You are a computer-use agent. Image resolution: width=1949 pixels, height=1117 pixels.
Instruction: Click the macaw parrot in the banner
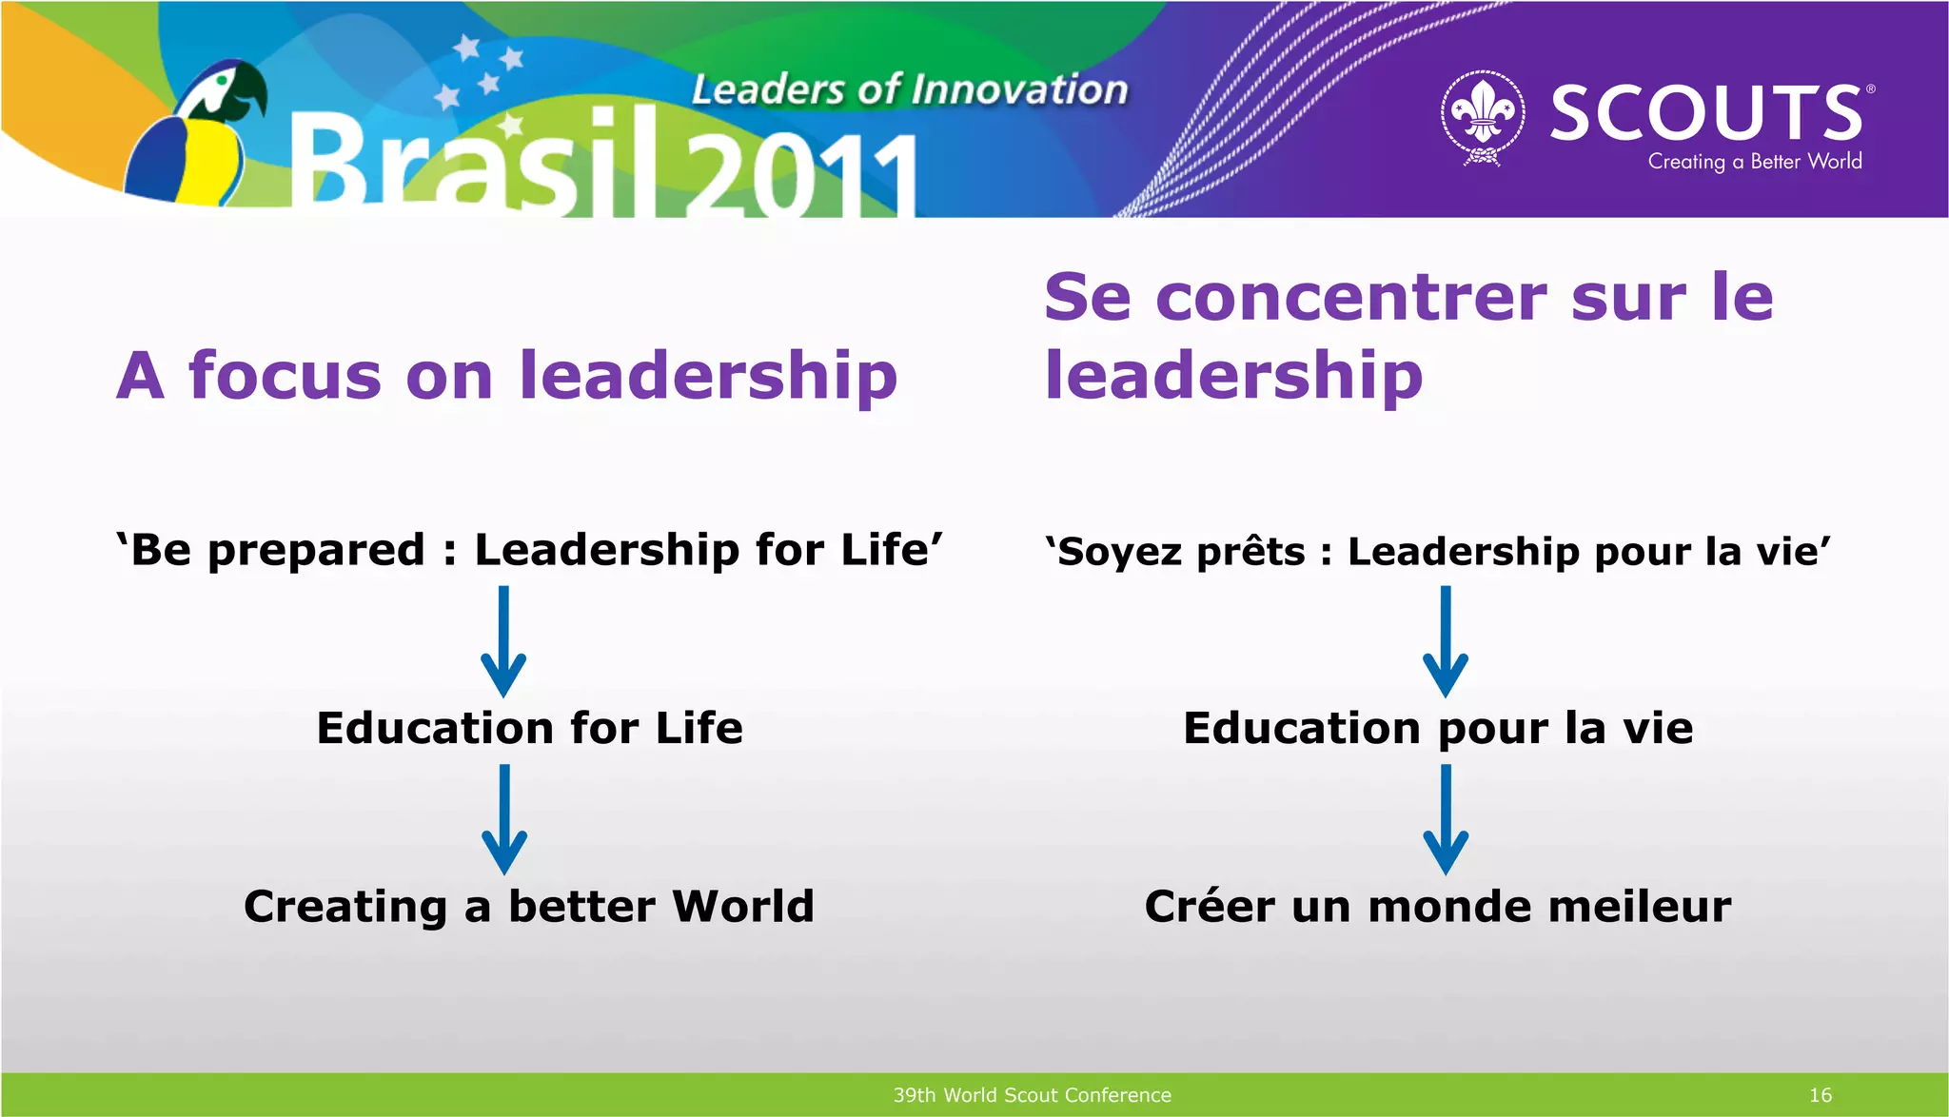[x=195, y=133]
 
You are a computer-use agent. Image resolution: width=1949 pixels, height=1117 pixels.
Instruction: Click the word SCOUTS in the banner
[x=1706, y=112]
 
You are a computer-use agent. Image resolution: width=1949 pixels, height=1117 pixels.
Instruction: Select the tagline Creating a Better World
[x=1754, y=162]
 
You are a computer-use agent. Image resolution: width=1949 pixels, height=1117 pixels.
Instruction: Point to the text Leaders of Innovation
[x=909, y=90]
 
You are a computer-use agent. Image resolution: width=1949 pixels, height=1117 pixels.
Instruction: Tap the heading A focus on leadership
[x=506, y=375]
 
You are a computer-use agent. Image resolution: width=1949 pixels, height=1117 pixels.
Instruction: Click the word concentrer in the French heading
[x=1352, y=297]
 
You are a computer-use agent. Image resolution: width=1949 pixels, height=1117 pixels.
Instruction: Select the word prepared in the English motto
[x=316, y=550]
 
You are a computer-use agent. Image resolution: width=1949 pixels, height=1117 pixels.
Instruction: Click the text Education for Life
[x=529, y=728]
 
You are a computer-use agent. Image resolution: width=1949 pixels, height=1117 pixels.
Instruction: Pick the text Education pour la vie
[x=1437, y=728]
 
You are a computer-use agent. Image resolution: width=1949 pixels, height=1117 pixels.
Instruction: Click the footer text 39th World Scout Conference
[x=1032, y=1095]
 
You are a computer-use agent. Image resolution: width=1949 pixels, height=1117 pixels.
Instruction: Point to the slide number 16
[x=1820, y=1095]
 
